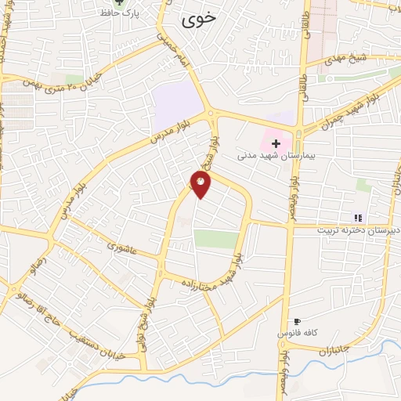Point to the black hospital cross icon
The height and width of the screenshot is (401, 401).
[x=276, y=144]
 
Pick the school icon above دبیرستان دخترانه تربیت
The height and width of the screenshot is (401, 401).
[x=358, y=218]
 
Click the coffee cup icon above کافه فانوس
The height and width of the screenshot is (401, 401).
[x=297, y=321]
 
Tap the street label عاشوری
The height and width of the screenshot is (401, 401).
[x=123, y=250]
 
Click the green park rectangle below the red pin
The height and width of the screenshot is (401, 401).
[x=216, y=240]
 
